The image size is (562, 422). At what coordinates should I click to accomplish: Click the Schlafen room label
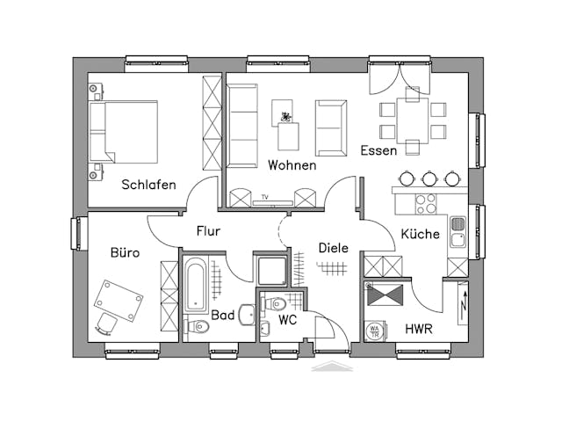point(148,185)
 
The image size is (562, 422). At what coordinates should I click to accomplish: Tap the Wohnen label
point(292,164)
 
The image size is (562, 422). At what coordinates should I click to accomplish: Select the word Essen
point(378,150)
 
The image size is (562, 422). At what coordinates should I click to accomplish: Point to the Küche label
point(420,234)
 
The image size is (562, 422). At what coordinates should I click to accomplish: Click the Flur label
point(208,231)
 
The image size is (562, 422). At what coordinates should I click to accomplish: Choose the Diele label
point(333,248)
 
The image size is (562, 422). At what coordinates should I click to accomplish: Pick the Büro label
point(125,253)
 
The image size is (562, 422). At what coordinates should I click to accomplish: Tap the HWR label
point(418,329)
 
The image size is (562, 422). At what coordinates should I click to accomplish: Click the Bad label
point(222,314)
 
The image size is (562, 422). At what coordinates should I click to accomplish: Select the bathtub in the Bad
point(195,287)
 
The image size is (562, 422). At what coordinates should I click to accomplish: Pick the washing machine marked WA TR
point(375,330)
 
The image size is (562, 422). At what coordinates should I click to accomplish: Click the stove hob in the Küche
point(425,203)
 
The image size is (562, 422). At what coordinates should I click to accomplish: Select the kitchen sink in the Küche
point(458,231)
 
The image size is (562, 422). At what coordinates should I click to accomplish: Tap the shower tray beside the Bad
point(270,270)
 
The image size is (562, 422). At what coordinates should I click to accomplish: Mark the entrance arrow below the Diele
point(332,367)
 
